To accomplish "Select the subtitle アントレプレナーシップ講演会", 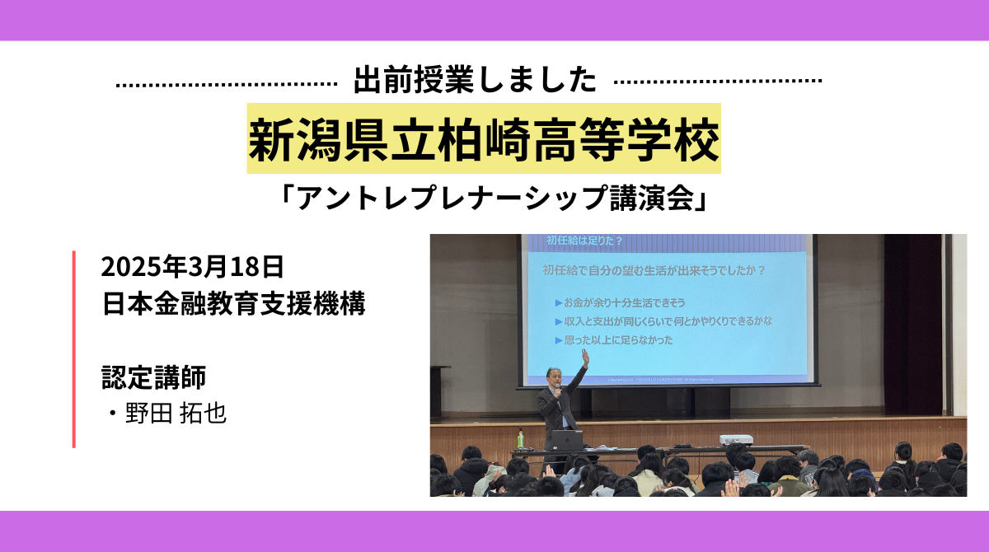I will (x=494, y=199).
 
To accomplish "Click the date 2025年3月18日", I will (x=193, y=267).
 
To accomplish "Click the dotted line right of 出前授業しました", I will (x=719, y=82).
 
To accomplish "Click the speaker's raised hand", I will (x=585, y=357).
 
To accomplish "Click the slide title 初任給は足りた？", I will (x=584, y=241).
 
